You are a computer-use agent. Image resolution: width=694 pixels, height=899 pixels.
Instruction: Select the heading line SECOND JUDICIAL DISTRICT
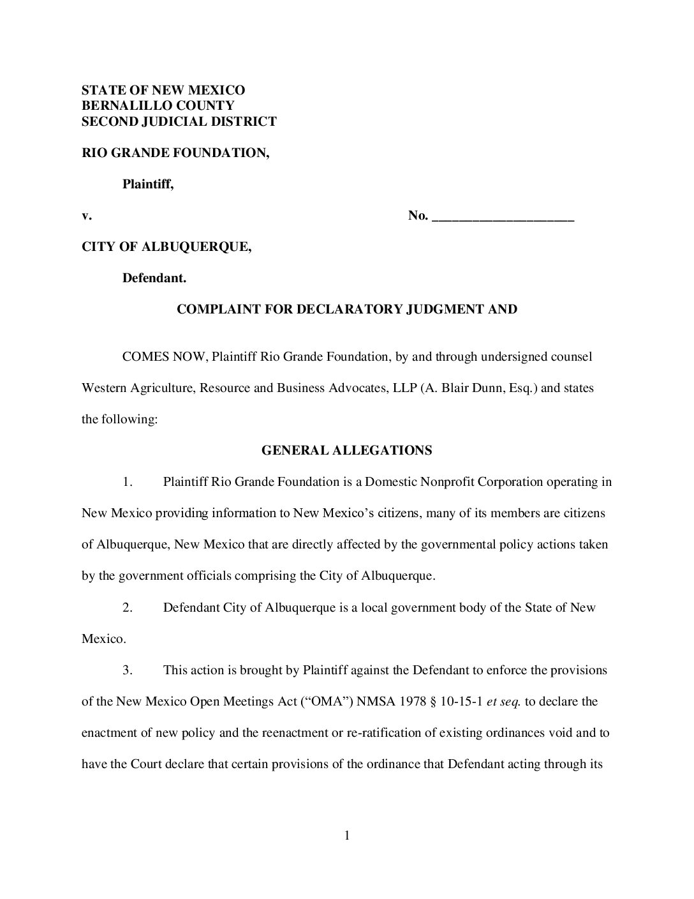coord(179,121)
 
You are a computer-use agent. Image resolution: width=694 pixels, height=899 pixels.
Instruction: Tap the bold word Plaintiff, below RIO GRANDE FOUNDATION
coord(148,184)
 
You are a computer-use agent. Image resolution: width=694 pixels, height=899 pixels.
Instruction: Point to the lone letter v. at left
coord(86,216)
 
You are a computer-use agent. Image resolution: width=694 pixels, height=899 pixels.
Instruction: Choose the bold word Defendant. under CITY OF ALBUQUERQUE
coord(154,278)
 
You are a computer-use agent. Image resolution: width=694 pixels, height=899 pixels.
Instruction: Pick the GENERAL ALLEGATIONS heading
coord(346,451)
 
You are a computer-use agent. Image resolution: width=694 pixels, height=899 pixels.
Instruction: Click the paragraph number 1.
coord(127,482)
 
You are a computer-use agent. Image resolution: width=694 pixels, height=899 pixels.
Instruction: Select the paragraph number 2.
coord(127,607)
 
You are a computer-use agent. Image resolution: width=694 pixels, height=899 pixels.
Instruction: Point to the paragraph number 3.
coord(127,670)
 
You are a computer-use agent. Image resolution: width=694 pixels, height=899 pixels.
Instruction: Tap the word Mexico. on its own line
coord(104,638)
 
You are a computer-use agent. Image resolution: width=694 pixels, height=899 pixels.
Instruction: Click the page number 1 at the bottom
coord(347,835)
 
